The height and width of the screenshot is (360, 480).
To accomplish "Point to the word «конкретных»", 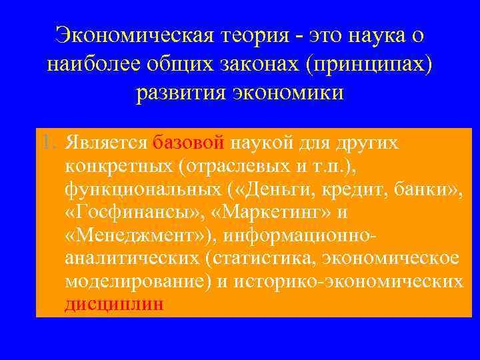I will point(115,167).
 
